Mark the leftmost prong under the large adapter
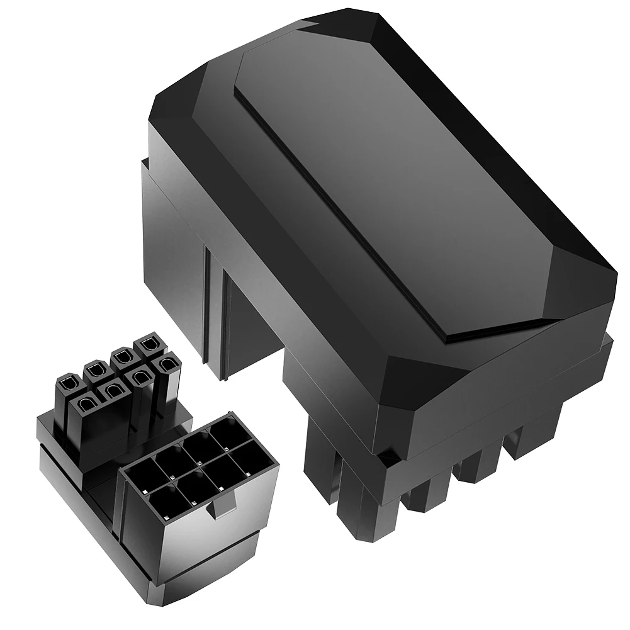(x=321, y=478)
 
